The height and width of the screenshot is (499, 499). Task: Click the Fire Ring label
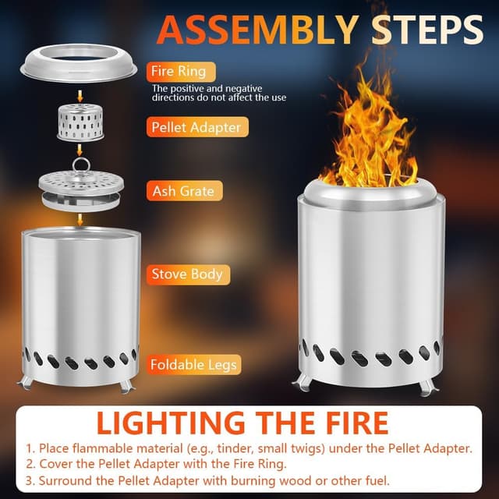coord(181,72)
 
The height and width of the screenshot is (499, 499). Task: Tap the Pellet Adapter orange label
coord(197,127)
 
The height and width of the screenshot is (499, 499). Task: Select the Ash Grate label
coord(184,190)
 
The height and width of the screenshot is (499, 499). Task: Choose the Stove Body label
coord(188,274)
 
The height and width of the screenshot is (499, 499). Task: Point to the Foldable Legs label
coord(193,364)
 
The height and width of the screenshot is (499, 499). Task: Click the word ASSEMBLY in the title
coord(258,30)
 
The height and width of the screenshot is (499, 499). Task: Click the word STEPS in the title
coord(427,30)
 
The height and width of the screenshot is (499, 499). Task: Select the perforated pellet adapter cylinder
coord(80,122)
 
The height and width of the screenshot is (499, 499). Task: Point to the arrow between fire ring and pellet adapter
coord(80,96)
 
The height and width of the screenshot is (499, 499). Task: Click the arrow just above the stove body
coord(80,220)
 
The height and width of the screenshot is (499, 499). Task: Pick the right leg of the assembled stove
coord(427,387)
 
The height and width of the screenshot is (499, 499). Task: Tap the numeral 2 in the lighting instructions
coord(30,465)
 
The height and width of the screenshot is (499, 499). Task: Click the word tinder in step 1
coord(231,448)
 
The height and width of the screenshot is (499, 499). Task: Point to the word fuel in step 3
coord(377,480)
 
